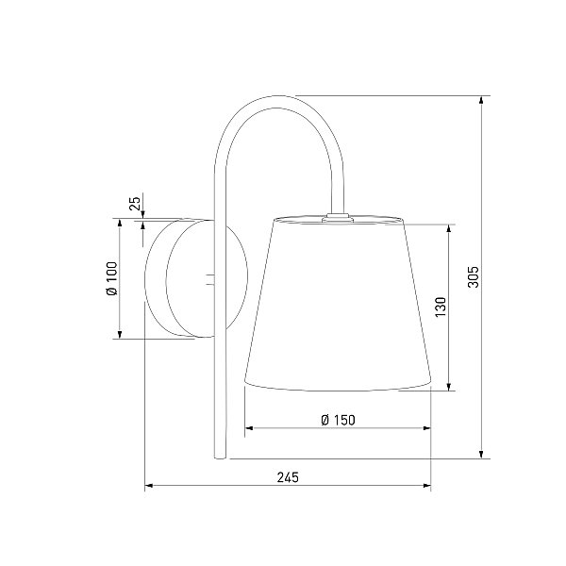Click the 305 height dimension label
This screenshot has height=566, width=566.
coord(474,276)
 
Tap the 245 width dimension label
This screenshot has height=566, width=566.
coord(288,477)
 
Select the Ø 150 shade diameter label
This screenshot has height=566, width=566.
coord(338,420)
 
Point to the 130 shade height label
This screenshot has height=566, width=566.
coord(441,308)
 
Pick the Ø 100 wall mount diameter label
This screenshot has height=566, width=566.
coord(112,278)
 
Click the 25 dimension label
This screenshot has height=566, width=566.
coord(134,204)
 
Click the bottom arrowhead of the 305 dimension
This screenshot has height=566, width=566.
coord(481,455)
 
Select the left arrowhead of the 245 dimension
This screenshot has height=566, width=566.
coord(149,486)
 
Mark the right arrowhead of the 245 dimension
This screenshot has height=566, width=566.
coord(426,486)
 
